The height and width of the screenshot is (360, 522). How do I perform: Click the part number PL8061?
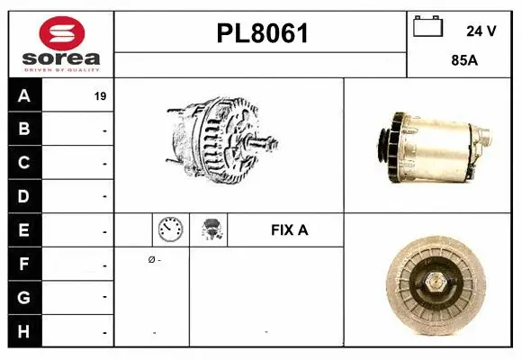click(261, 33)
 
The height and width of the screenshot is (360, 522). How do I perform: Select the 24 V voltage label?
click(481, 31)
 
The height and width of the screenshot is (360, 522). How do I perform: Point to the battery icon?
click(427, 28)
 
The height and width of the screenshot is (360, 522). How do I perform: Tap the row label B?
click(23, 130)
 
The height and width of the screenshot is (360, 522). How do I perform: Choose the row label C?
click(23, 163)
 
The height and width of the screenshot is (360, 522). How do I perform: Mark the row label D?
click(23, 196)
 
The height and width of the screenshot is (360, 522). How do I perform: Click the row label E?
click(23, 230)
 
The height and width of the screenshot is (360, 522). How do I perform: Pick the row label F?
click(23, 264)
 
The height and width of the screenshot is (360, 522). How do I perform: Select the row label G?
click(23, 297)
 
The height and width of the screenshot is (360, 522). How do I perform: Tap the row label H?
click(23, 330)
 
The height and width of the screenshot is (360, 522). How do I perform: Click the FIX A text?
click(289, 230)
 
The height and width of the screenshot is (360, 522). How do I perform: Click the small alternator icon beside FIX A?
click(212, 230)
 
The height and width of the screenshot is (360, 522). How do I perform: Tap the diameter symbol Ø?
click(152, 260)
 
